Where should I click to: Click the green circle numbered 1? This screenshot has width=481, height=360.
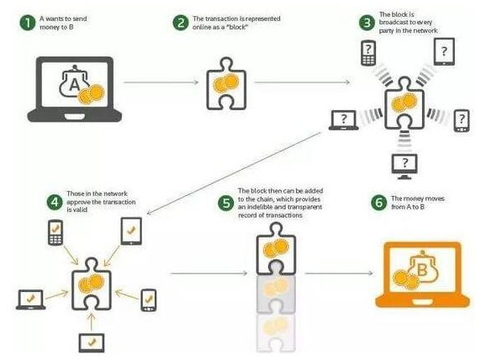tap(27, 23)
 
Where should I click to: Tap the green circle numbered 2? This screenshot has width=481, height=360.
tap(180, 23)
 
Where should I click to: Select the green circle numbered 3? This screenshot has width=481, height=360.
tap(367, 23)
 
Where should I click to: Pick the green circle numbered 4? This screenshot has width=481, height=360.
tap(55, 202)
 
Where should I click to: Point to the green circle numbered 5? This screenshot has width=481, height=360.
tap(225, 204)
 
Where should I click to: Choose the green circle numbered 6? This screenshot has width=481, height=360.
tap(378, 203)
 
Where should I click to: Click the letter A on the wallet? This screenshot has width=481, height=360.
tap(75, 84)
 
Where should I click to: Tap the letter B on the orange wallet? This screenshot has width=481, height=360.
tap(422, 270)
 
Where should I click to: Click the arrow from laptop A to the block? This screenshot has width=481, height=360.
tap(161, 82)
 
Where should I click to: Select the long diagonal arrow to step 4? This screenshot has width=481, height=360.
tap(234, 173)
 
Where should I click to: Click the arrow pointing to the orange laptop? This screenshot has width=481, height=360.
tap(339, 273)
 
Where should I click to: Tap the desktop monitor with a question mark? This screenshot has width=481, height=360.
tap(404, 167)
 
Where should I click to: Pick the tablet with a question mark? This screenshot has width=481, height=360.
tap(444, 51)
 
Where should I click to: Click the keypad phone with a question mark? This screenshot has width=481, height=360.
tap(368, 53)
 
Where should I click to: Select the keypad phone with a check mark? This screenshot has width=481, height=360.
tap(55, 233)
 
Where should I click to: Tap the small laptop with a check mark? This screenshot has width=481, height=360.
tap(30, 299)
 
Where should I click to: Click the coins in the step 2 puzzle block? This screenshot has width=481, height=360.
tap(225, 83)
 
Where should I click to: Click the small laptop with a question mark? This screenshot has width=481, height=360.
tap(344, 120)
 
